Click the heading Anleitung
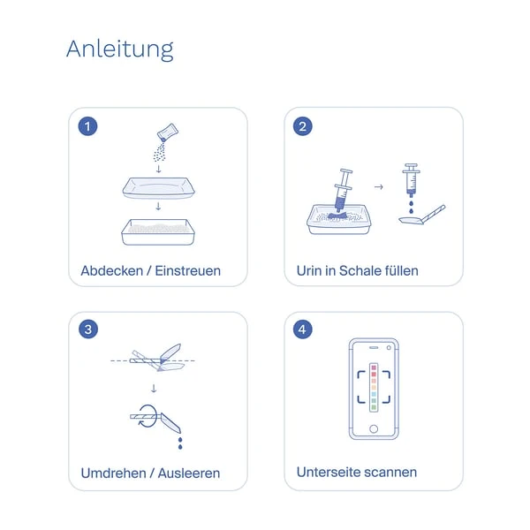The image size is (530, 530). pyautogui.click(x=119, y=50)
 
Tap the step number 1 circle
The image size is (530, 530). pyautogui.click(x=87, y=126)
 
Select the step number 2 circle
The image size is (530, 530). pyautogui.click(x=302, y=126)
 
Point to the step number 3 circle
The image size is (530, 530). pyautogui.click(x=88, y=329)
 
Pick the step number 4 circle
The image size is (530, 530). pyautogui.click(x=302, y=329)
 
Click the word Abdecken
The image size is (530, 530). pyautogui.click(x=112, y=271)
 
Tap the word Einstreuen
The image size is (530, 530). pyautogui.click(x=188, y=271)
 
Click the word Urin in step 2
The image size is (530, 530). pyautogui.click(x=309, y=271)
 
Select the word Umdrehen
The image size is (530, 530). pyautogui.click(x=114, y=473)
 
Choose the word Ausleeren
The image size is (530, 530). pyautogui.click(x=189, y=473)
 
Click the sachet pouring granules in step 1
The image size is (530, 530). pyautogui.click(x=168, y=132)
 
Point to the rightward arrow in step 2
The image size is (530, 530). pyautogui.click(x=379, y=186)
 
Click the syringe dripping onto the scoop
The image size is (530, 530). pyautogui.click(x=411, y=180)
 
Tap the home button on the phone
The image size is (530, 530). pyautogui.click(x=374, y=429)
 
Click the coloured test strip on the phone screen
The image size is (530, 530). pyautogui.click(x=374, y=388)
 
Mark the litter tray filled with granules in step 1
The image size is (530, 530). pyautogui.click(x=158, y=231)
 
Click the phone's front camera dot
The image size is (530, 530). pyautogui.click(x=389, y=347)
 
